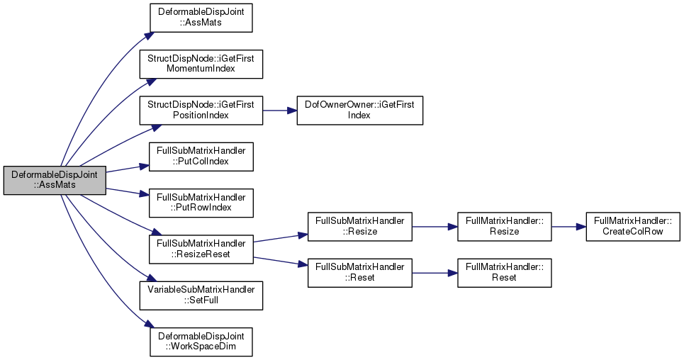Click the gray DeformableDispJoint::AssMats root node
(55, 180)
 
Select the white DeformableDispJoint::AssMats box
(201, 18)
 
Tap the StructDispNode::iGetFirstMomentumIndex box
(201, 64)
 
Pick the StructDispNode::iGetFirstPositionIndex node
(201, 111)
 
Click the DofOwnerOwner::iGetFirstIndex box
(360, 111)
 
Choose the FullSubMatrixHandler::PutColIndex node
(201, 156)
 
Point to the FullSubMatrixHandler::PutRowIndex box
(201, 203)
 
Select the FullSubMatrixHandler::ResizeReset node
(201, 249)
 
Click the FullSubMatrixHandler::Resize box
(360, 227)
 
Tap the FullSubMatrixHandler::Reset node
(360, 273)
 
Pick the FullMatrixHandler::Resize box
(504, 227)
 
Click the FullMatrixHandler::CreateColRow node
(633, 227)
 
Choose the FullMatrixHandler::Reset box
(504, 273)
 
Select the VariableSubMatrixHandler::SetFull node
(201, 296)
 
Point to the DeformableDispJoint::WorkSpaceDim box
(201, 342)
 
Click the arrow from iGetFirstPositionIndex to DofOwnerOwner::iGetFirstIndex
(280, 111)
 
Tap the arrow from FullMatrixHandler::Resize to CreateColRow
(569, 227)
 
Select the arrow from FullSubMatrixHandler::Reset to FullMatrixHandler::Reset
(434, 273)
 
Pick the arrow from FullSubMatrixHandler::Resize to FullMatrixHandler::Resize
(434, 227)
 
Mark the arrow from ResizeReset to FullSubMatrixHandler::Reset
(281, 261)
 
